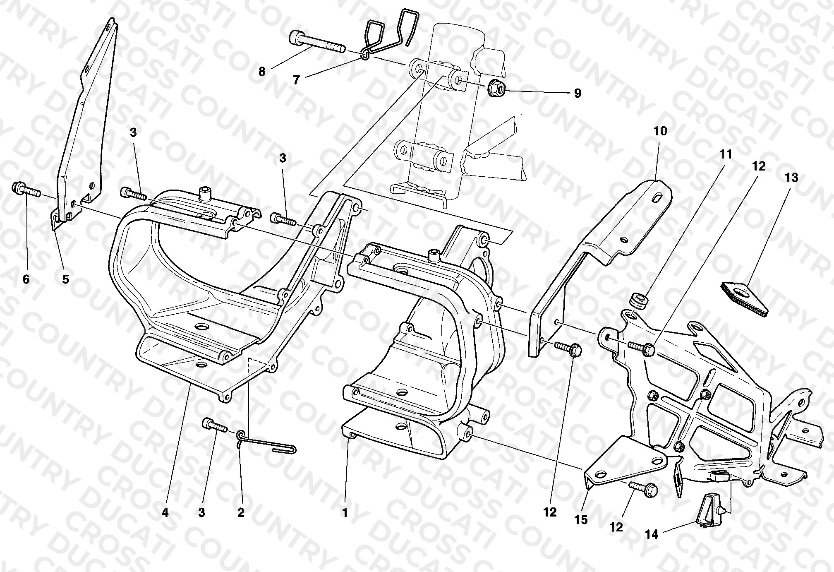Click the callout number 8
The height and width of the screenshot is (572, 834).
click(x=262, y=72)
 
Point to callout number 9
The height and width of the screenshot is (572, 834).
click(x=578, y=93)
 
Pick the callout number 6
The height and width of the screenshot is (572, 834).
click(x=26, y=279)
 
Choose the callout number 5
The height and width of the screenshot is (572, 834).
click(x=66, y=279)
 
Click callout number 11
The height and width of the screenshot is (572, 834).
click(x=726, y=154)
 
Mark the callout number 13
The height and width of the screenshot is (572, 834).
click(x=791, y=178)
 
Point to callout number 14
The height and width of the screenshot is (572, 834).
click(x=652, y=535)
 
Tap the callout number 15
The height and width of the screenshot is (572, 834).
click(x=581, y=519)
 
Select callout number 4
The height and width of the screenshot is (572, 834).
click(x=165, y=513)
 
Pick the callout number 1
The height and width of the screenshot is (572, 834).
click(x=345, y=513)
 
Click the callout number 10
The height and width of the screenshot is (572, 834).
click(x=660, y=131)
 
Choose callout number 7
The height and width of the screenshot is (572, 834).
click(x=296, y=80)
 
